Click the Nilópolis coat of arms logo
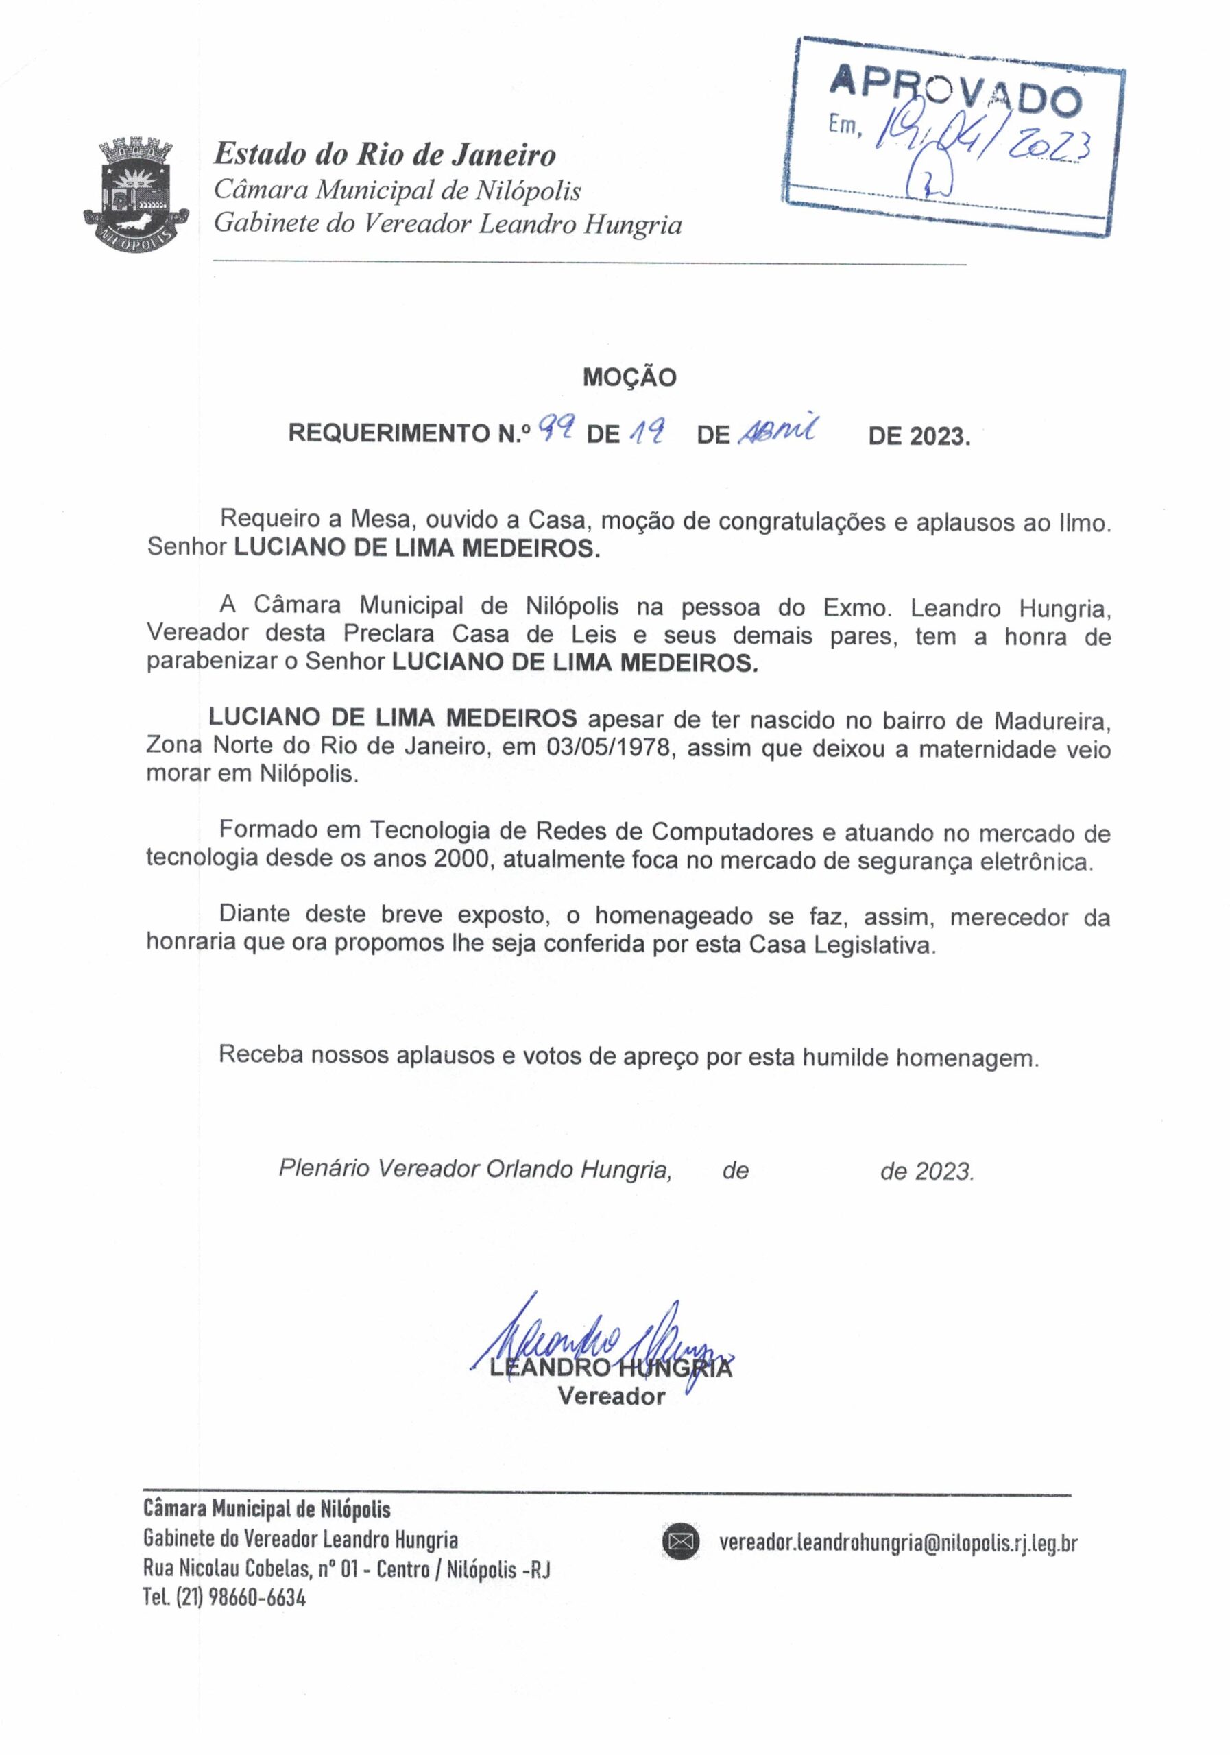(x=135, y=191)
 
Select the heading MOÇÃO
(x=629, y=378)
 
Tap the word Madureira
(x=1051, y=719)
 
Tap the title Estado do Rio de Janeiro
(x=385, y=155)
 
